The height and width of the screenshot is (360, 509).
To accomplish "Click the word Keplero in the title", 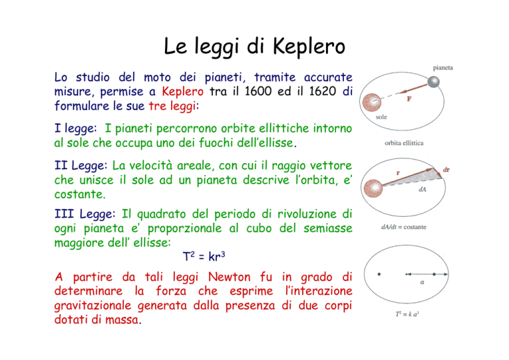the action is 308,47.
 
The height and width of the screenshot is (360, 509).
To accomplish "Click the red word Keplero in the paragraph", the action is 183,91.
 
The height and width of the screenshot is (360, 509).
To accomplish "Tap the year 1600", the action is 258,91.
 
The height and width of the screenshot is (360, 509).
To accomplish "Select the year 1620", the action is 322,91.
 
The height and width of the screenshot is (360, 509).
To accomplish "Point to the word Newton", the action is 229,277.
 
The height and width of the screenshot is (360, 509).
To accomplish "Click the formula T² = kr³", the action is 204,257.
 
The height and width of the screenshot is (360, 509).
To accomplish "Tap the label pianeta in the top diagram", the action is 443,68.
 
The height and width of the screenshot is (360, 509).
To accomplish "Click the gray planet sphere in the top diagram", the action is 433,82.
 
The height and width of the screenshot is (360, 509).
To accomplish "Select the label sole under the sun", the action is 382,117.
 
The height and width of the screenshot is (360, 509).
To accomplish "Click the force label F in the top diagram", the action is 409,99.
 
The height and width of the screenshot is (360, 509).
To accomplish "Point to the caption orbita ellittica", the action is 404,143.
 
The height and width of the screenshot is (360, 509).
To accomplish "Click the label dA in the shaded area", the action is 422,189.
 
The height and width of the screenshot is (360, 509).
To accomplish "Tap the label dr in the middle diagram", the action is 446,170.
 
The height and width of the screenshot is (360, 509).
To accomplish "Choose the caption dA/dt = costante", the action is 404,227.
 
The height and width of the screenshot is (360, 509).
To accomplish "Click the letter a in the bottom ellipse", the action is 422,282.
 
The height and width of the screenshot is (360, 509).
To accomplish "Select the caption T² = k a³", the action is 407,314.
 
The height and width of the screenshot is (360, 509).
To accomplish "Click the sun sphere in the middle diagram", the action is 373,188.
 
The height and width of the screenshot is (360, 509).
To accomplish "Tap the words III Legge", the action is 85,214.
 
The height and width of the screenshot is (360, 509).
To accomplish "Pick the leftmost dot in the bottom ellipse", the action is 379,274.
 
